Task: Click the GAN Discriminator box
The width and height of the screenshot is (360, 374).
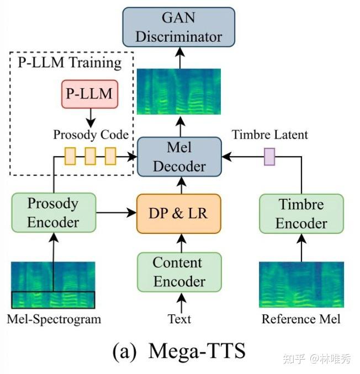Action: tap(179, 27)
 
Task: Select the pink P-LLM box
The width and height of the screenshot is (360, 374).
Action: tap(90, 94)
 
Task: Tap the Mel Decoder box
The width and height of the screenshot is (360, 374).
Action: tap(179, 157)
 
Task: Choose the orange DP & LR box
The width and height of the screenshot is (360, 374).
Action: tap(179, 213)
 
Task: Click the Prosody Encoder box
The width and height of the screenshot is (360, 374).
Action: tap(54, 212)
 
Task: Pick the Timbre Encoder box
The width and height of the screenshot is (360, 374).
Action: tap(301, 213)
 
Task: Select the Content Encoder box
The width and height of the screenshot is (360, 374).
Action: tap(179, 272)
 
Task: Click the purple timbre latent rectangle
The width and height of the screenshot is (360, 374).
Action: tap(269, 157)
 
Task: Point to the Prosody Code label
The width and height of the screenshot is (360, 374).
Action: tap(91, 135)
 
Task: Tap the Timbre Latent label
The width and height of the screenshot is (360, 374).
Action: tap(270, 135)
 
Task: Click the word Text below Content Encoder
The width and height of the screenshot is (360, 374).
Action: tap(179, 319)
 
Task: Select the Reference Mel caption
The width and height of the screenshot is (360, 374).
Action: tap(301, 319)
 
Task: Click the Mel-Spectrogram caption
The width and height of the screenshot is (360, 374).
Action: tap(54, 319)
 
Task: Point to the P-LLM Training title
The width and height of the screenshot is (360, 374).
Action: tap(70, 63)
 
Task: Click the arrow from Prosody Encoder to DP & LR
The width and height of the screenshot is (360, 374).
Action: tap(116, 212)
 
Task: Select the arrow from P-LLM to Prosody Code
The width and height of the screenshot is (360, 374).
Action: tap(91, 118)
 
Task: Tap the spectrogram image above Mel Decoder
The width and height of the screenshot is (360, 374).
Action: tap(179, 92)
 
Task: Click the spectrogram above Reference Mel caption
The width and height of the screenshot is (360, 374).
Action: tap(301, 285)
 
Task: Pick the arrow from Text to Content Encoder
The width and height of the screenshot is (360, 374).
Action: tap(182, 303)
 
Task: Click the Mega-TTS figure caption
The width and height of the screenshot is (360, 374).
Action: tap(179, 351)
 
